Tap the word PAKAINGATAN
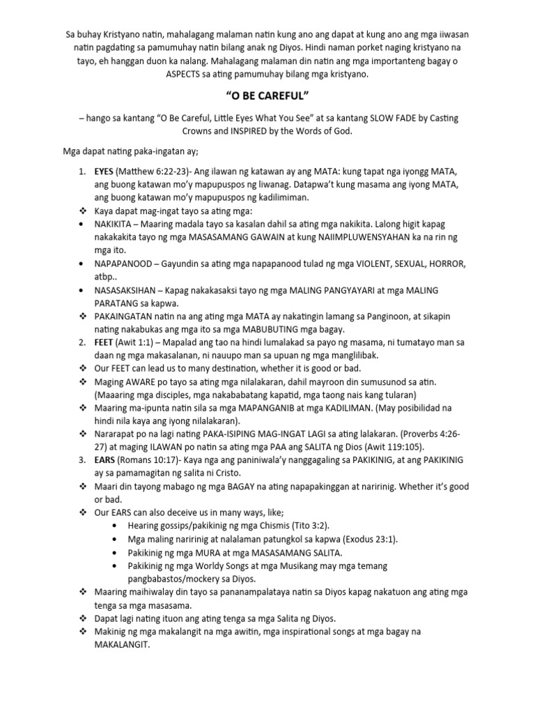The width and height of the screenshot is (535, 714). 130,316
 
